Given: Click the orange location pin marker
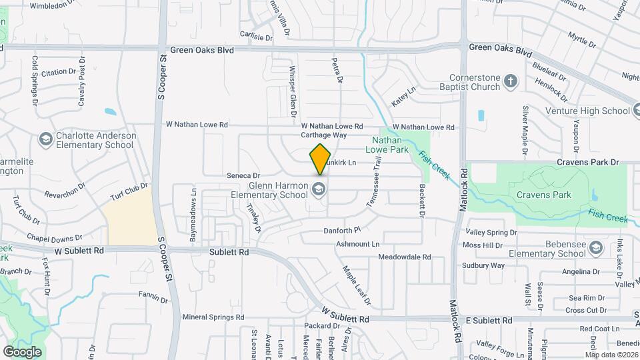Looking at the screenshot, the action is click(x=320, y=159).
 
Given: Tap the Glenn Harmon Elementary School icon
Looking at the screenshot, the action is click(x=319, y=190).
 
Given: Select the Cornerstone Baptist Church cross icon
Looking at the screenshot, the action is click(x=511, y=82).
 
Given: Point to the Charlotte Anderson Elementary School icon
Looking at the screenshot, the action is click(x=45, y=139).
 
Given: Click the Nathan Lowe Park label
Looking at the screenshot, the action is click(x=387, y=145).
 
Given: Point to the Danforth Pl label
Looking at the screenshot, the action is click(x=341, y=229).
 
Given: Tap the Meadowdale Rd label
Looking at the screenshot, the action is click(x=404, y=257).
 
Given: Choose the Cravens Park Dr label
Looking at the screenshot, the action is click(x=589, y=162).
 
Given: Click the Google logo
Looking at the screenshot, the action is click(x=22, y=351).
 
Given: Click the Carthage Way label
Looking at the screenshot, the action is click(x=323, y=135).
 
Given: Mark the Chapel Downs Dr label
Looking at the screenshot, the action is click(x=55, y=237).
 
